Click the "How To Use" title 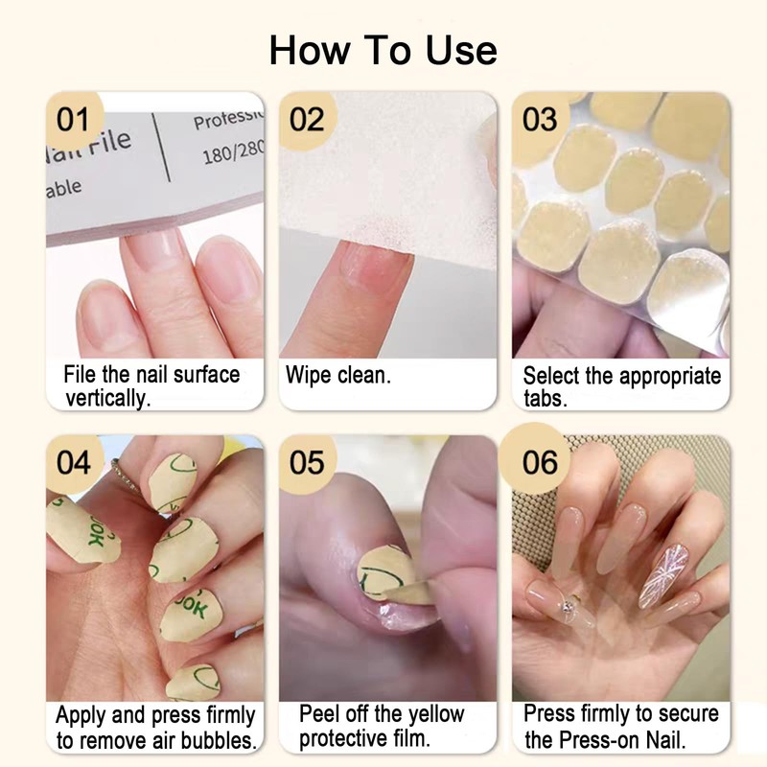[383, 50]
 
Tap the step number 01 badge [73, 120]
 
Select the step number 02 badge [307, 120]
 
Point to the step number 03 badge [540, 120]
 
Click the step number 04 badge [73, 462]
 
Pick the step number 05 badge [307, 462]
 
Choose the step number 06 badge [540, 462]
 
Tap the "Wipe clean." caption [337, 375]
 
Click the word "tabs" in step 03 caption [545, 399]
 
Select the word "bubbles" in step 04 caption [219, 740]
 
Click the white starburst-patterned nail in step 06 [663, 574]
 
